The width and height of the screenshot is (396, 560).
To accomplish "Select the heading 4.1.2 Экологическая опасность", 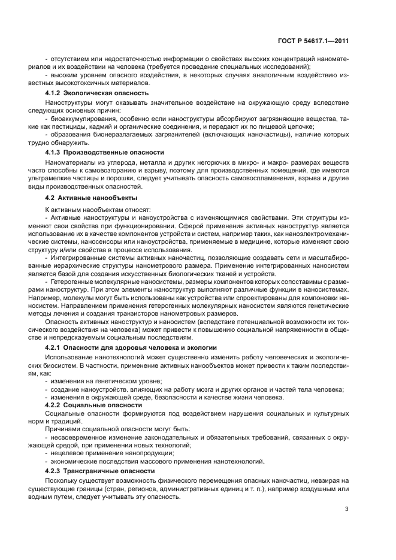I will [97, 93].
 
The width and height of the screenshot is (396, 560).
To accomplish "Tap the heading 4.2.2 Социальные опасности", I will [93, 405].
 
